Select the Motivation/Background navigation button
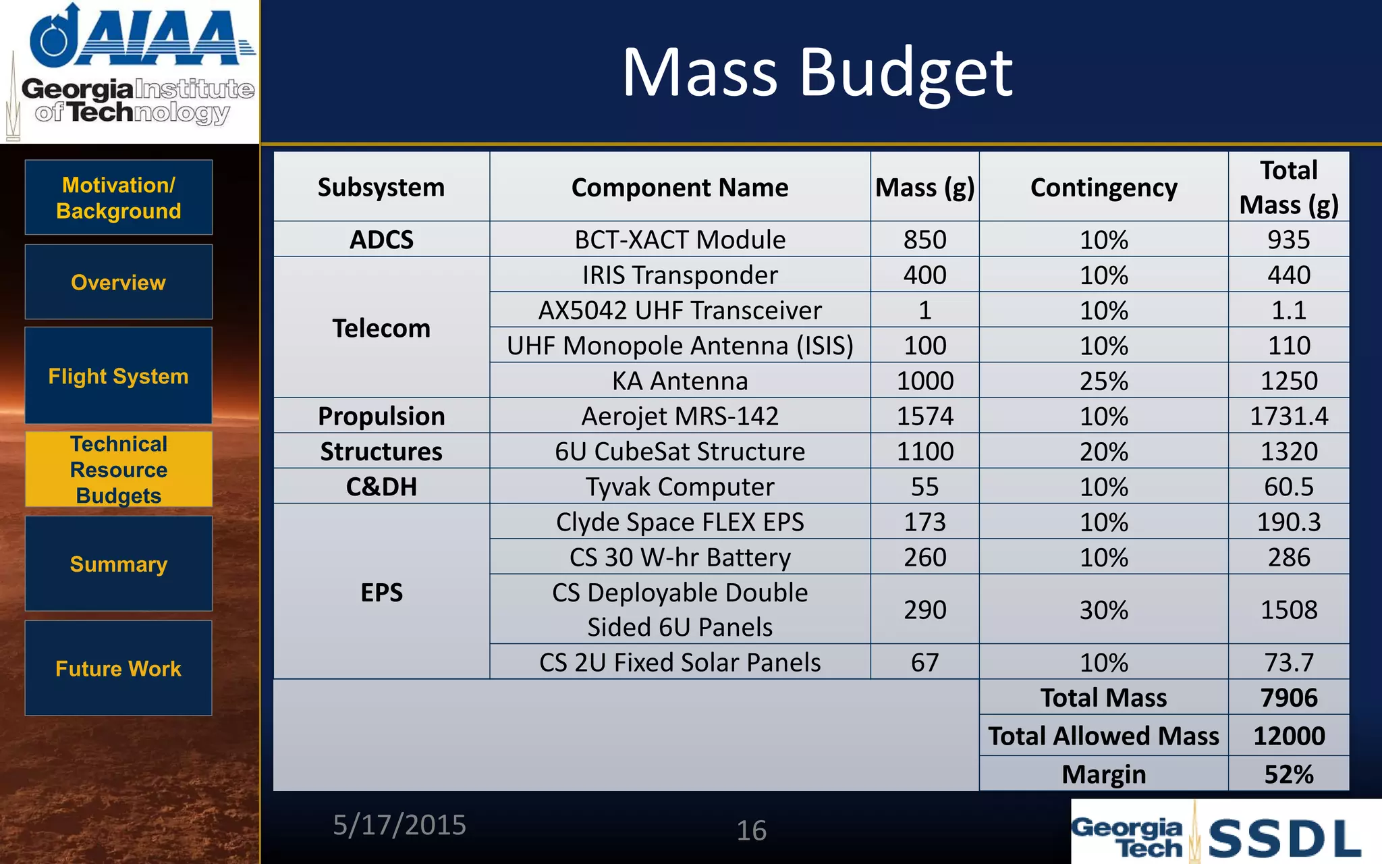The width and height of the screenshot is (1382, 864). pyautogui.click(x=119, y=198)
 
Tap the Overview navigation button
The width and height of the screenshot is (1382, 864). pyautogui.click(x=119, y=282)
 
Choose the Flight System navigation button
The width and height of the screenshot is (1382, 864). pyautogui.click(x=119, y=376)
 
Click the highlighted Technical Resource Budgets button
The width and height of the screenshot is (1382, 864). pyautogui.click(x=119, y=469)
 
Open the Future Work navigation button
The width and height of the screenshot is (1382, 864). pyautogui.click(x=119, y=668)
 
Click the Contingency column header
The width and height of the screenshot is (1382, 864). pyautogui.click(x=1103, y=187)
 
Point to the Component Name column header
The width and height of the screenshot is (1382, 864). pyautogui.click(x=680, y=187)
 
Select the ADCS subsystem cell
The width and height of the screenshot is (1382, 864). pyautogui.click(x=381, y=240)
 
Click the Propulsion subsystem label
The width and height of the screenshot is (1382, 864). pyautogui.click(x=381, y=416)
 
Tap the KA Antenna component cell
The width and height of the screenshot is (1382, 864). pyautogui.click(x=680, y=381)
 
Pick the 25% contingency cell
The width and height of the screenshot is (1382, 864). pyautogui.click(x=1103, y=381)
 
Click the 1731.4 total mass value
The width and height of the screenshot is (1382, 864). pyautogui.click(x=1288, y=416)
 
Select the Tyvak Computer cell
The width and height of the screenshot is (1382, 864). pyautogui.click(x=680, y=487)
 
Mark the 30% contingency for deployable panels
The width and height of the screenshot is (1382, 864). pyautogui.click(x=1103, y=610)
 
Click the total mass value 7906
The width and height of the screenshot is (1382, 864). pyautogui.click(x=1288, y=697)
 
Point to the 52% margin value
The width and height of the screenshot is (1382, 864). pyautogui.click(x=1288, y=774)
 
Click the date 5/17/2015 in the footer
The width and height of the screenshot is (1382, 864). pyautogui.click(x=399, y=825)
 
